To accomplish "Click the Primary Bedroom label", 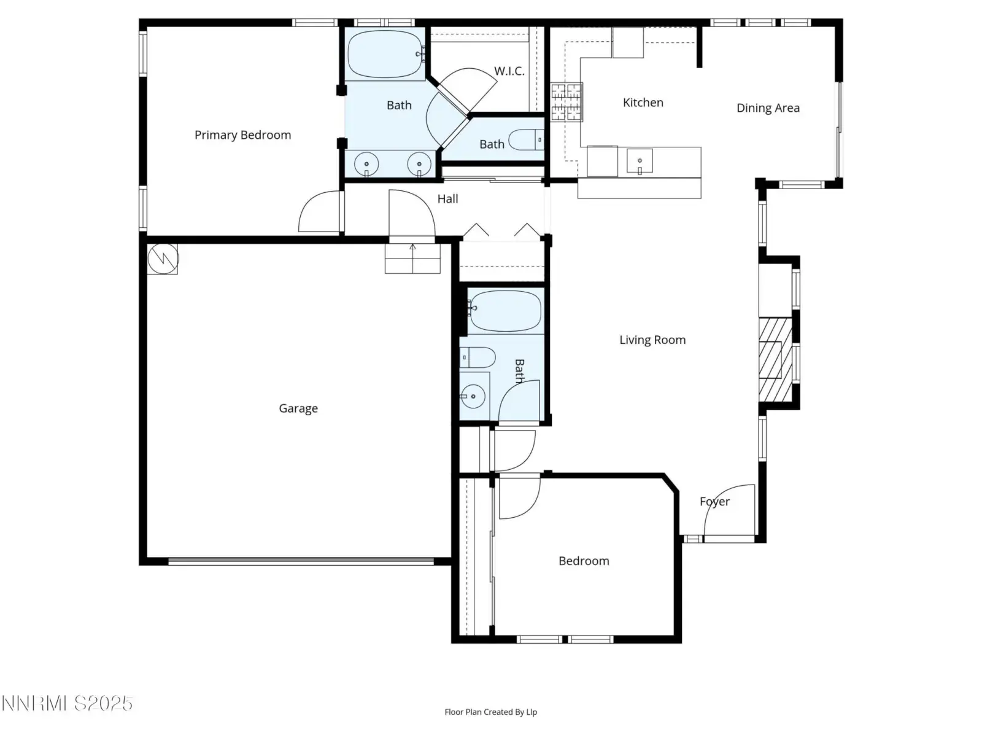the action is click(242, 135).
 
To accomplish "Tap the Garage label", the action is click(298, 408).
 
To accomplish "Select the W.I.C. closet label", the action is click(509, 71).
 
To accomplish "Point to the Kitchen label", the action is click(643, 103).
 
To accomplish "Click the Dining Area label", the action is click(768, 108).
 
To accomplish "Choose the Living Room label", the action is click(652, 340).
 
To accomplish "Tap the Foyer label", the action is click(714, 502).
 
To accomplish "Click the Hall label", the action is click(447, 198).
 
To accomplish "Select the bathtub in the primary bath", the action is click(385, 54).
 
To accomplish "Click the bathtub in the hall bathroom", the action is click(505, 311).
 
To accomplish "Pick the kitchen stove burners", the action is click(566, 102).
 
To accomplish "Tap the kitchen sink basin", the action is click(640, 161).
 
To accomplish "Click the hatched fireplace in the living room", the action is click(775, 360).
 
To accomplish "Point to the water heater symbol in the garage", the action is click(163, 259).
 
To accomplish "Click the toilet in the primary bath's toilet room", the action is click(527, 140).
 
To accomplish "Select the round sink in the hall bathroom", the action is click(473, 397).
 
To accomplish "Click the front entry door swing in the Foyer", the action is click(730, 510).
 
